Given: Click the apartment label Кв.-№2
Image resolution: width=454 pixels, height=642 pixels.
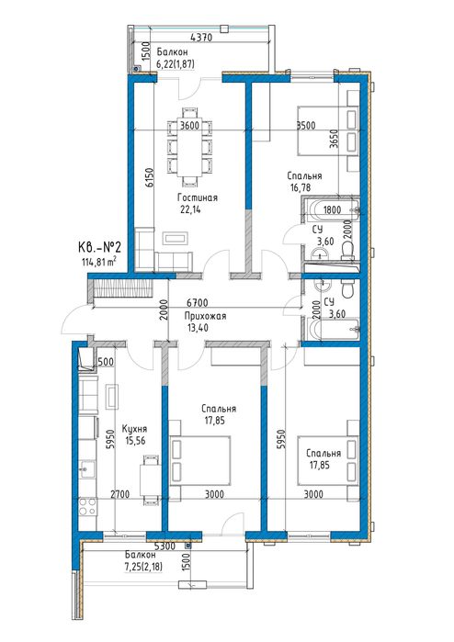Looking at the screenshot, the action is click(x=98, y=248).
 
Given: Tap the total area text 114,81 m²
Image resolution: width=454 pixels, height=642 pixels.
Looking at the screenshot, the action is click(x=98, y=262).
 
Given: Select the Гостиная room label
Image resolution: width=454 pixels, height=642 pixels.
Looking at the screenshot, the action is click(x=197, y=197).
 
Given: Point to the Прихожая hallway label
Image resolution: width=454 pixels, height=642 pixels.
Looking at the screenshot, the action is click(x=205, y=316).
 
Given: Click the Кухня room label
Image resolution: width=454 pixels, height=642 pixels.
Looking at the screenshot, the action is click(x=134, y=429).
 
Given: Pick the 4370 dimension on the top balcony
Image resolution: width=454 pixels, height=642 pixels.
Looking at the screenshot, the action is click(x=201, y=38).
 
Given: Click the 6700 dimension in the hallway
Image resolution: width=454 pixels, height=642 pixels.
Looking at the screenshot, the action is click(x=197, y=303).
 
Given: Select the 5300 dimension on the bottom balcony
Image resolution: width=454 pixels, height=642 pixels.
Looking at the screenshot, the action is click(x=165, y=546).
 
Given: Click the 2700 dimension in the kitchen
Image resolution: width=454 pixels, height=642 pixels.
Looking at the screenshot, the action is click(x=119, y=495).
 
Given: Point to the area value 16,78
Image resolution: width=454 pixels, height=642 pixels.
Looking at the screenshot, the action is click(x=300, y=187).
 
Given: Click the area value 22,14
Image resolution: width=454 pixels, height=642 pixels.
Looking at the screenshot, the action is click(x=190, y=209).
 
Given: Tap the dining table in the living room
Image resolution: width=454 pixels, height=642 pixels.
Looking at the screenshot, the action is click(x=189, y=147).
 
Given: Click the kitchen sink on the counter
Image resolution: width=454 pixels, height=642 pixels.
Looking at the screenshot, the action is click(x=86, y=469).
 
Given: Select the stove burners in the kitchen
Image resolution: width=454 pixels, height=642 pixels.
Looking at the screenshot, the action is click(x=87, y=506).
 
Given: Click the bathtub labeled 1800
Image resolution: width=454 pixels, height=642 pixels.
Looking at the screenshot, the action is click(x=330, y=210).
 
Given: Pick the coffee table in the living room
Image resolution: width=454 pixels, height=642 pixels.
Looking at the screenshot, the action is click(x=176, y=238).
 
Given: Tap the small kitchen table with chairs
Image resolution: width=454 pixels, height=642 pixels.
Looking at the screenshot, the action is click(x=150, y=479).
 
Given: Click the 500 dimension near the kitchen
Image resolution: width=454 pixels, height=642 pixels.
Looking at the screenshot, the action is click(x=106, y=362).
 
